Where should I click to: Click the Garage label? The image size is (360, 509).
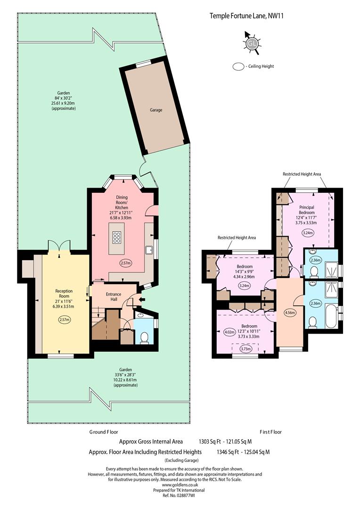(x=156, y=110)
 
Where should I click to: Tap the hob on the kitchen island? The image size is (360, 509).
(x=116, y=238)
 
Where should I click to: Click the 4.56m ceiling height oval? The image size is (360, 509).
(x=289, y=312)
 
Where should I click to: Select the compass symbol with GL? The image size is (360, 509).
(x=252, y=43)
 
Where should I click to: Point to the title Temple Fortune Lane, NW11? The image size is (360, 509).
(x=247, y=16)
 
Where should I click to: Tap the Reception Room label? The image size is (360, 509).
(x=64, y=294)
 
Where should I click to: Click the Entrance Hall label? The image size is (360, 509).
(x=114, y=297)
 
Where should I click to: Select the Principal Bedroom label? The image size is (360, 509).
(x=307, y=210)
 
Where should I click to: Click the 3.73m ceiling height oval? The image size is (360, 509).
(x=246, y=349)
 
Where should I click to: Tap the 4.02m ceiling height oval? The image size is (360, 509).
(x=229, y=332)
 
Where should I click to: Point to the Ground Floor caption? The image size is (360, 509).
(x=104, y=432)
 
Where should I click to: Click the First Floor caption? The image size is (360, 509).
(x=271, y=432)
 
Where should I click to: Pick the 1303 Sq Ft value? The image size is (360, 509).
(x=210, y=442)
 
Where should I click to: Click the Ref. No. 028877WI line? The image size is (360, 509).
(x=179, y=495)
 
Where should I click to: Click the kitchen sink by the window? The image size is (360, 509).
(x=150, y=250)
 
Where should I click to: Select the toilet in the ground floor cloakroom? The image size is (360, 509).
(x=144, y=337)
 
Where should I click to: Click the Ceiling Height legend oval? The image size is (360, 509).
(x=238, y=66)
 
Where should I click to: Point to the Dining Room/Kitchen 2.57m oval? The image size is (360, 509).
(x=126, y=263)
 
